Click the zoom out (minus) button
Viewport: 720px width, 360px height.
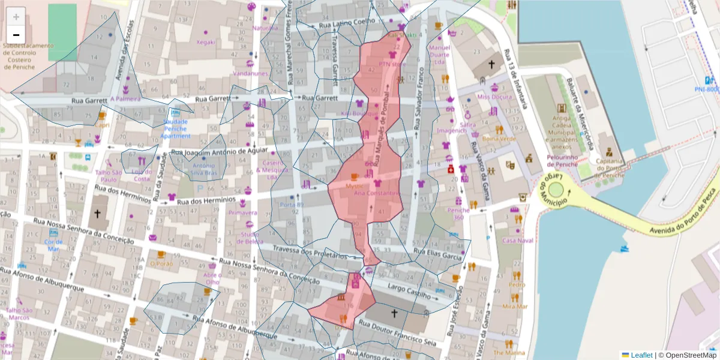tap(16, 35)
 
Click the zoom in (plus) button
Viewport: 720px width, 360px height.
tap(16, 16)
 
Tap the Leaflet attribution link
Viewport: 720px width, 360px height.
tap(641, 355)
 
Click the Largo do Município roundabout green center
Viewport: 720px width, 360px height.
tap(556, 190)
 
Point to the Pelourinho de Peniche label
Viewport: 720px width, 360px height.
tap(562, 160)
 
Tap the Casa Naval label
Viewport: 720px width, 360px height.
tap(517, 240)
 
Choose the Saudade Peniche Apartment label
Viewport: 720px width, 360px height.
tap(176, 128)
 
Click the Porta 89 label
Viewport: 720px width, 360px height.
tap(292, 205)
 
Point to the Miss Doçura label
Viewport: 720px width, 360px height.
tap(494, 97)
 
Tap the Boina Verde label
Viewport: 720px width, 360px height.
tap(499, 139)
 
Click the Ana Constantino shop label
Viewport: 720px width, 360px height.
tap(377, 193)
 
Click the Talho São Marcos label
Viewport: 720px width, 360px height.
tap(19, 314)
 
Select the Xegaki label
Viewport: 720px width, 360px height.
tap(205, 42)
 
